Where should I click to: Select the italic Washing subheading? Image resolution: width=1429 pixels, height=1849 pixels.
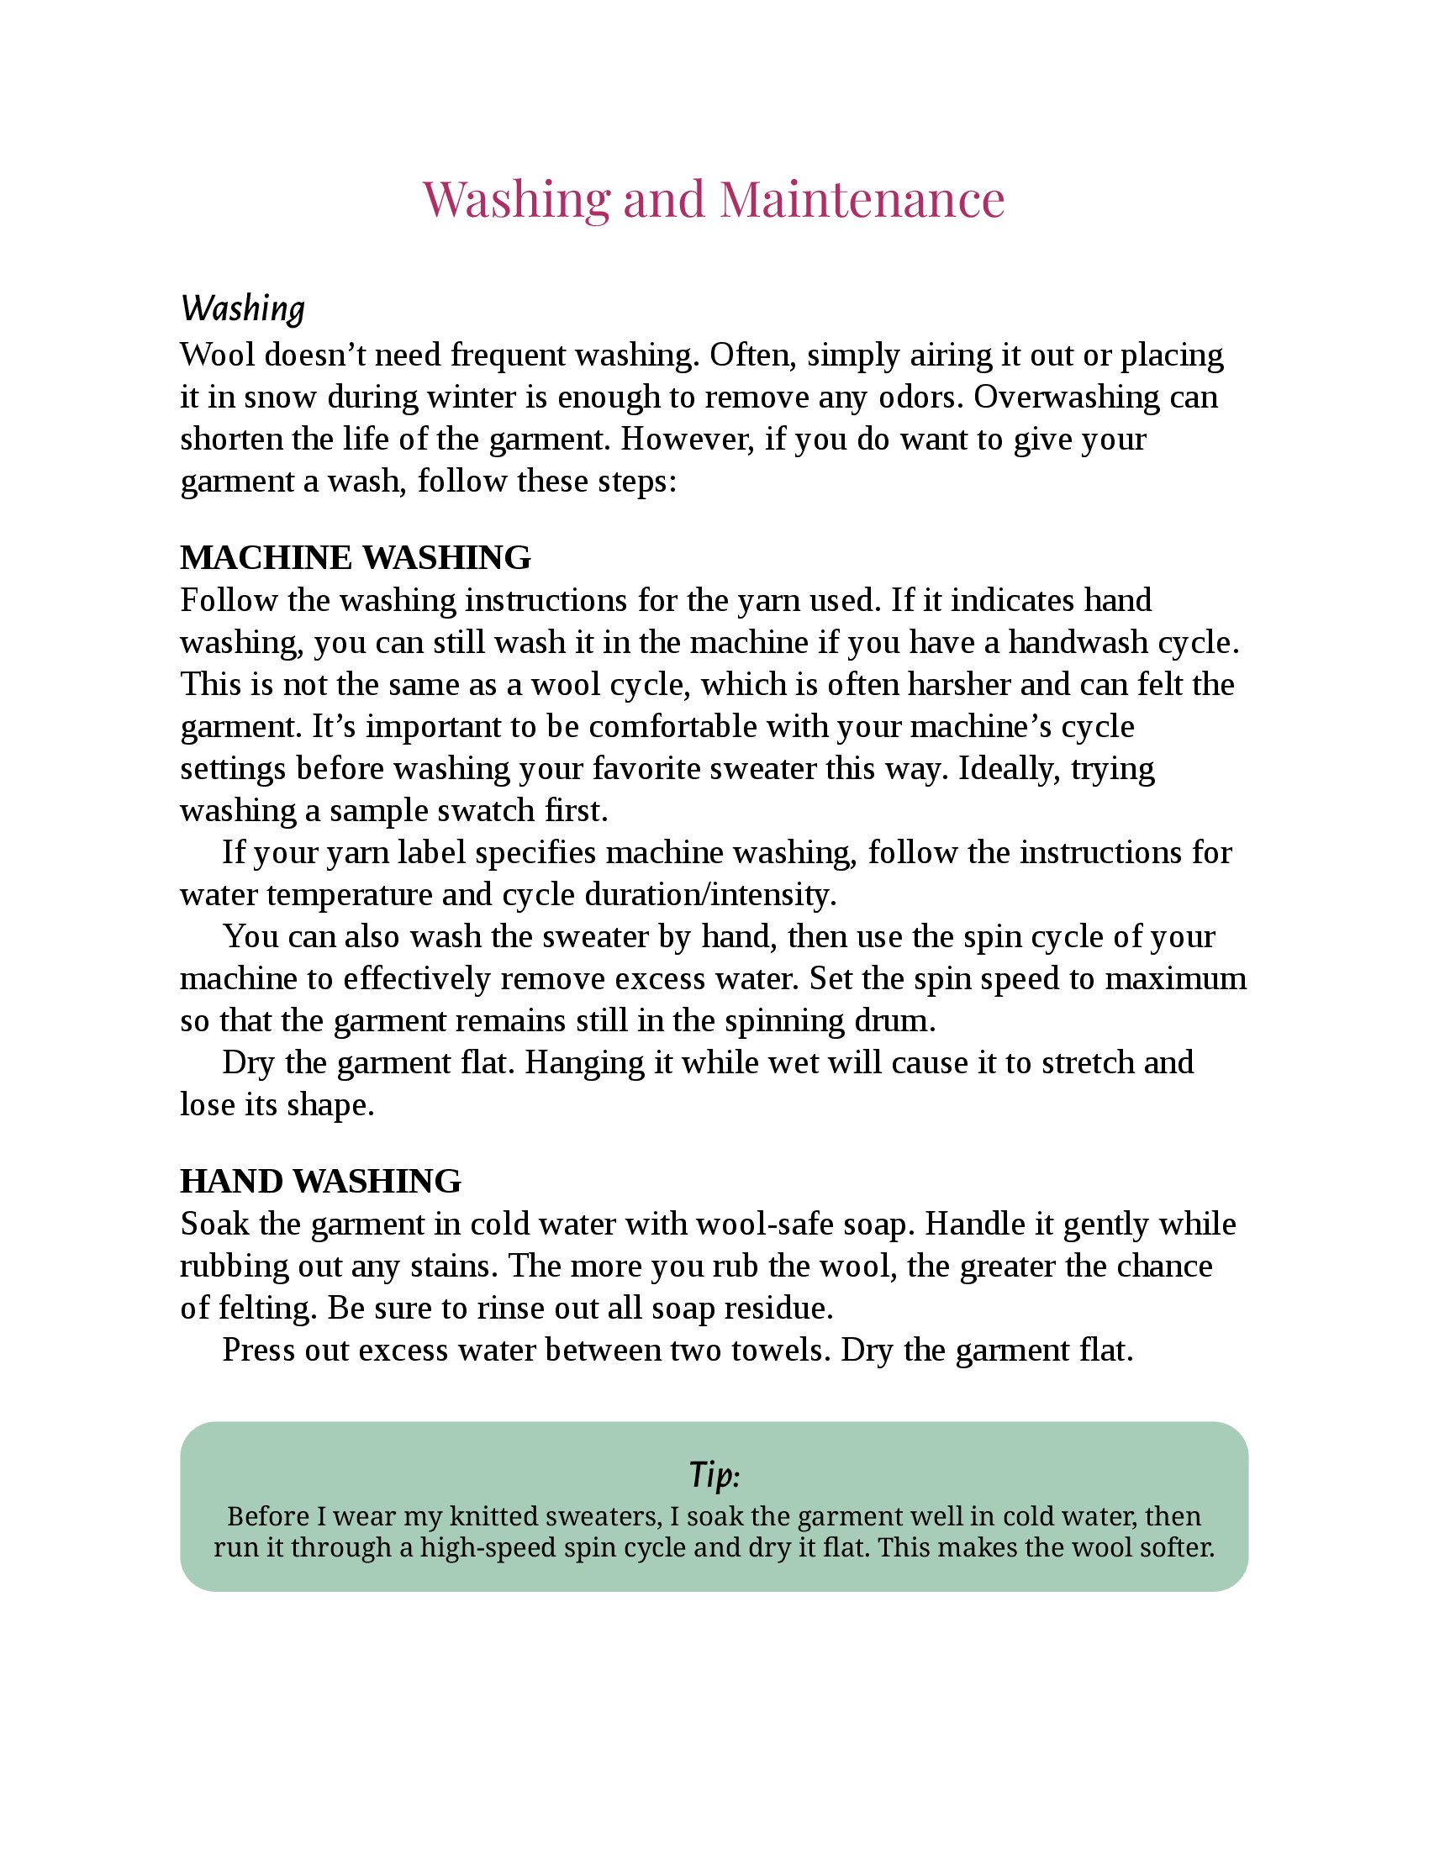(x=242, y=308)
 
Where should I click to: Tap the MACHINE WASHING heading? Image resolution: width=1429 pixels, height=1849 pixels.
(x=356, y=557)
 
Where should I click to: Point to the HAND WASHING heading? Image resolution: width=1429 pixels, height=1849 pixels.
(x=321, y=1181)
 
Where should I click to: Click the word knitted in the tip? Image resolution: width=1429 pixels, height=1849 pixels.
(x=498, y=1515)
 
